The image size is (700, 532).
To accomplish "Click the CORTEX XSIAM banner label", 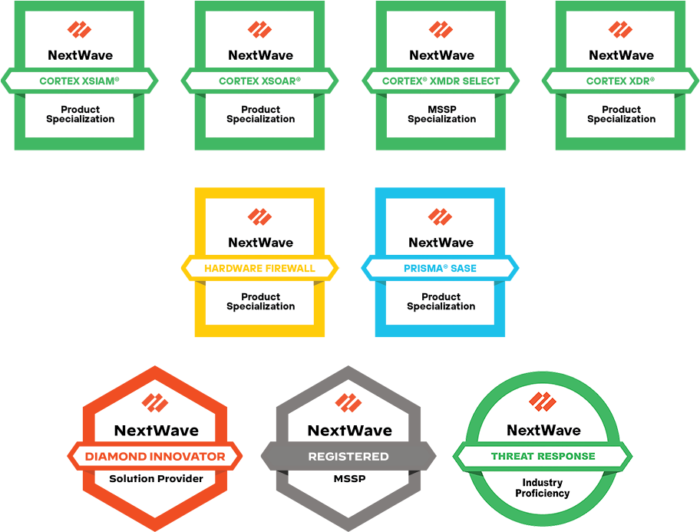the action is pyautogui.click(x=80, y=81).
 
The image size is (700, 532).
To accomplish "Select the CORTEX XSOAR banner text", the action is pyautogui.click(x=260, y=81).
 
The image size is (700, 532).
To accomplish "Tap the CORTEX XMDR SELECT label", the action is pyautogui.click(x=441, y=81).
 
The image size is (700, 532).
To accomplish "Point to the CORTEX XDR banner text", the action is pyautogui.click(x=620, y=81).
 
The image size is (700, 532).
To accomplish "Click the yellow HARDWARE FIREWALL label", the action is pyautogui.click(x=260, y=269).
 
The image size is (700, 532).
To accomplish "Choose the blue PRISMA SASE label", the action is pyautogui.click(x=440, y=269).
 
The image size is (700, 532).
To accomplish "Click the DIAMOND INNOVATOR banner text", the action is pyautogui.click(x=155, y=457).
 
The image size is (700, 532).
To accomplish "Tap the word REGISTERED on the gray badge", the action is pyautogui.click(x=348, y=457).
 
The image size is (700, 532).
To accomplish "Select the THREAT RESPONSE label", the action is pyautogui.click(x=543, y=456).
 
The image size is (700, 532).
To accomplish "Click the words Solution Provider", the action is pyautogui.click(x=157, y=478).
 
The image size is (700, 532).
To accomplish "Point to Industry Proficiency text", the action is pyautogui.click(x=543, y=487).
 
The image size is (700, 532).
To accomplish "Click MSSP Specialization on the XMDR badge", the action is pyautogui.click(x=442, y=114).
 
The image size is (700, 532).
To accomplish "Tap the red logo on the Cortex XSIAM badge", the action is pyautogui.click(x=80, y=29).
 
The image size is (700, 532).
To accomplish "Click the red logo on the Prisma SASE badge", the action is pyautogui.click(x=440, y=216).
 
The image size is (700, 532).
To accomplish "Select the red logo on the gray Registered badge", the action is pyautogui.click(x=348, y=403).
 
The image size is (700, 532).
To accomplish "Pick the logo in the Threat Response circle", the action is pyautogui.click(x=543, y=401).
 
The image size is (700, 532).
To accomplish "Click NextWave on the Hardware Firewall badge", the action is pyautogui.click(x=261, y=243).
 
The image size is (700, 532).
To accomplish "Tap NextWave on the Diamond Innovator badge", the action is pyautogui.click(x=157, y=430).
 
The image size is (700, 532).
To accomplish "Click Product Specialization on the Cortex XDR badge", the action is pyautogui.click(x=622, y=114).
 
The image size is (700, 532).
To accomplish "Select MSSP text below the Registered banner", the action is pyautogui.click(x=349, y=478).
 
